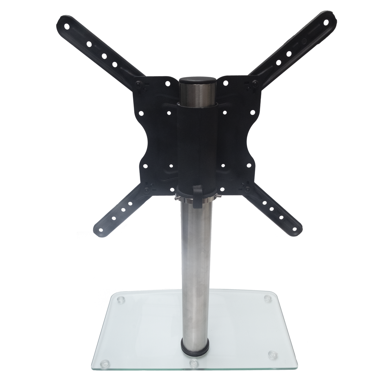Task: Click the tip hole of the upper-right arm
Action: coord(326,22)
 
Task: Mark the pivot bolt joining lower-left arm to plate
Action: coord(147,190)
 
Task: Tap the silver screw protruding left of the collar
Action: coord(176,198)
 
